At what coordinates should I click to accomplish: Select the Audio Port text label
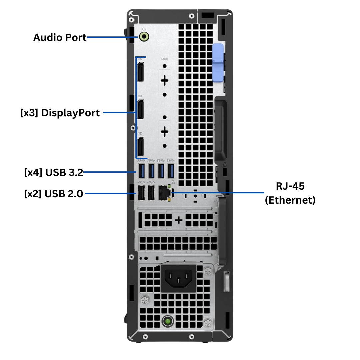click(60, 37)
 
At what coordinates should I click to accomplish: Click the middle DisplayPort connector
click(141, 109)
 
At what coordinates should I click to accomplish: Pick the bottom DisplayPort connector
click(141, 147)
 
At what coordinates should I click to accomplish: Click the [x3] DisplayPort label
click(60, 113)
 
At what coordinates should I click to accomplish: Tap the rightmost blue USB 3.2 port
click(171, 171)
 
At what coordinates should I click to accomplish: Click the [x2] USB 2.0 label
click(53, 193)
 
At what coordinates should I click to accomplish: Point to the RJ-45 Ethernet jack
click(165, 193)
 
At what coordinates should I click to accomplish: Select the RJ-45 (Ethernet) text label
click(290, 193)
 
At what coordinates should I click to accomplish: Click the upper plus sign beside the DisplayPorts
click(164, 80)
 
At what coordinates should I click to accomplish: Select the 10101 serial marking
click(164, 59)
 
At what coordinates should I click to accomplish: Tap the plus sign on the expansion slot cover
click(179, 220)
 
